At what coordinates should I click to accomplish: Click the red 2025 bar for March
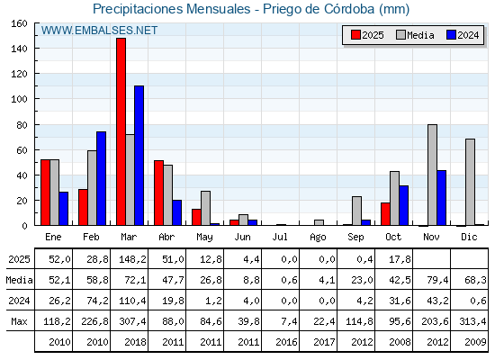click(121, 131)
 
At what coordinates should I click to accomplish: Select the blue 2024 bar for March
click(139, 155)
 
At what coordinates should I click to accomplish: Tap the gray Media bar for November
click(432, 175)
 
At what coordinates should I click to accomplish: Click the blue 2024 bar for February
click(102, 178)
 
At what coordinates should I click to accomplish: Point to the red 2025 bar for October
click(385, 214)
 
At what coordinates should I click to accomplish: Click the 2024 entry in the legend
click(462, 35)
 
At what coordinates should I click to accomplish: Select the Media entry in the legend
click(415, 35)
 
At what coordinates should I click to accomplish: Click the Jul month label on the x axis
click(281, 237)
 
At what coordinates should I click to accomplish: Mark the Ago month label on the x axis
click(319, 237)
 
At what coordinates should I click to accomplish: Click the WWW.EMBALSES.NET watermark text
click(100, 31)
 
